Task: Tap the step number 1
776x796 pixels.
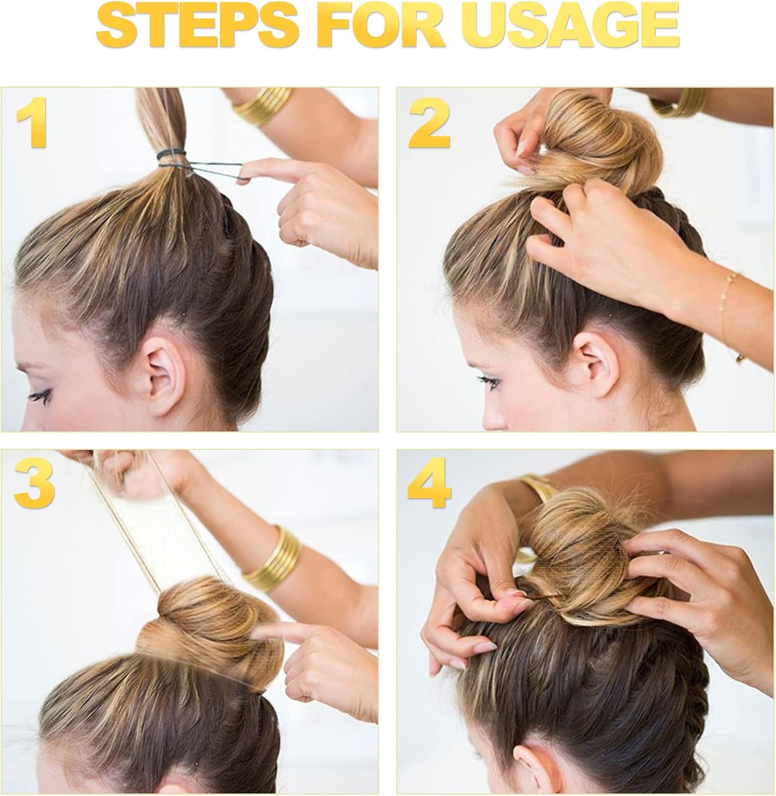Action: pyautogui.click(x=33, y=123)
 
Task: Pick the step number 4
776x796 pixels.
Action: pyautogui.click(x=429, y=484)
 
